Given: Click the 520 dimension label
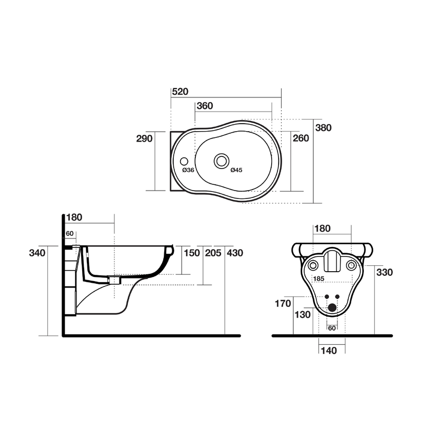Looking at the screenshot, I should [180, 91].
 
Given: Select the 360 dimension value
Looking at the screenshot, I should [204, 106].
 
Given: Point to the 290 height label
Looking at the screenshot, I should [144, 138].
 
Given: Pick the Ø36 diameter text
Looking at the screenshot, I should [188, 170].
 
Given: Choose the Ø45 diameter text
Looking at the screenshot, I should [236, 170].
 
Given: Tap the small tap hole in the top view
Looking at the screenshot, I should [185, 160].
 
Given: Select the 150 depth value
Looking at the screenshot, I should [192, 253].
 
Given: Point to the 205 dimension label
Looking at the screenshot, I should [213, 253].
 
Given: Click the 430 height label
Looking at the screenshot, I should [235, 253].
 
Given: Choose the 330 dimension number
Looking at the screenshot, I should [385, 272].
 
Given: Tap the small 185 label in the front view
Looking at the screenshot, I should [319, 279].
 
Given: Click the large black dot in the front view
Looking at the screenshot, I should [332, 307].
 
